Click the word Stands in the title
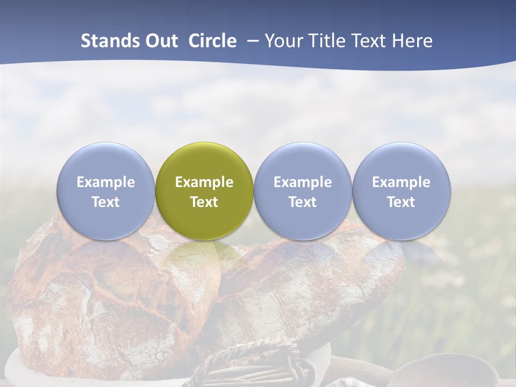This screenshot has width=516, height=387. [106, 41]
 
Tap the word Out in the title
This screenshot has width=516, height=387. [160, 41]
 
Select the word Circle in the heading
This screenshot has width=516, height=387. [212, 41]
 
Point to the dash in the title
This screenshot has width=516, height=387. [253, 41]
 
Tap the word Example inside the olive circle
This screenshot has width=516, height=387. [204, 182]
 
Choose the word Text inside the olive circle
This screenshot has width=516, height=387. [204, 202]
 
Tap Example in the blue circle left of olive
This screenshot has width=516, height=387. [105, 182]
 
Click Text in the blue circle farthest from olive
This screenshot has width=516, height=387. [401, 202]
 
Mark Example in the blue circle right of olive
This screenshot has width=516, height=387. [303, 182]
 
